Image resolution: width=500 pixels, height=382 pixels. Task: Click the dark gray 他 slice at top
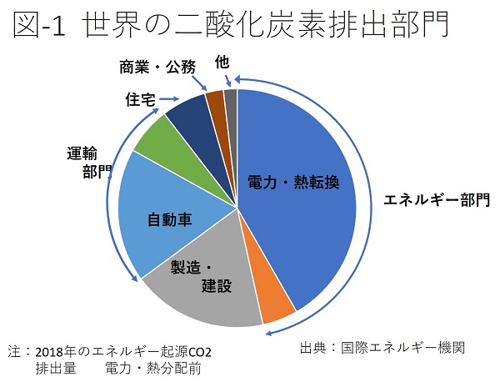[231, 98]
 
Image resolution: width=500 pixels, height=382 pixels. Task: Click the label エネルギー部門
[436, 199]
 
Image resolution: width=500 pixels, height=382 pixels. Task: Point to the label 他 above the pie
[222, 62]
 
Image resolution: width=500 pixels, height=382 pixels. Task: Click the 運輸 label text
[84, 153]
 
